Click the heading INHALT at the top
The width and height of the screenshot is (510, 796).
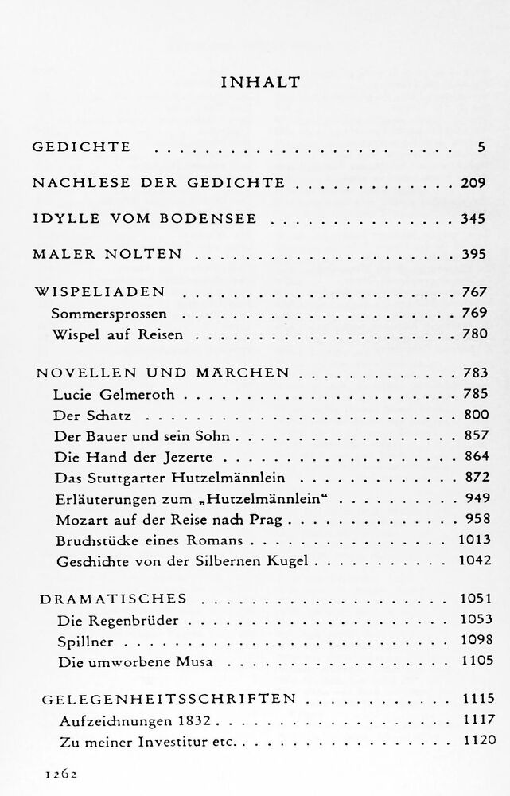(255, 82)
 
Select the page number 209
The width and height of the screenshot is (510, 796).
(473, 183)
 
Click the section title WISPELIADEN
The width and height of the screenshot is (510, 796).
(99, 292)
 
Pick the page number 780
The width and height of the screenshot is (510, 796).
(473, 334)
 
